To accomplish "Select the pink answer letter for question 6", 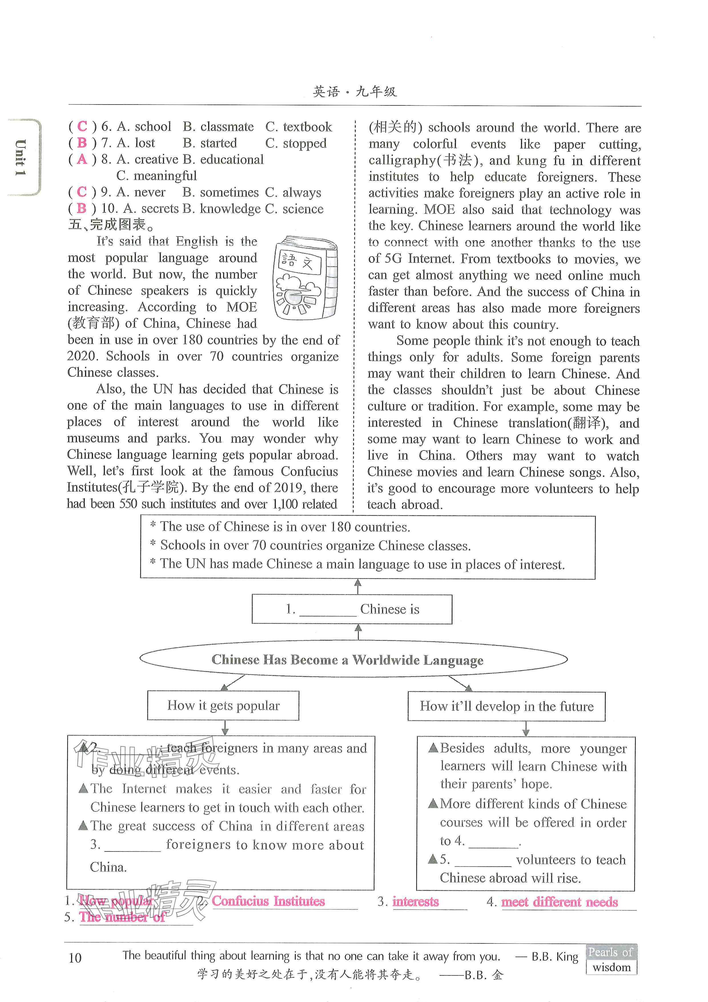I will (82, 127).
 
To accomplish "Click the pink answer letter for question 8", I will (82, 159).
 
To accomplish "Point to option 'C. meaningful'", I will (157, 176).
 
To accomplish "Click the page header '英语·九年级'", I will (355, 92).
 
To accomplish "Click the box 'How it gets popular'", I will (223, 706).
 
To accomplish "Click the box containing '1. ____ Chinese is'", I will (352, 609).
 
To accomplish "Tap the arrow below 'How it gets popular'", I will (225, 728).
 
